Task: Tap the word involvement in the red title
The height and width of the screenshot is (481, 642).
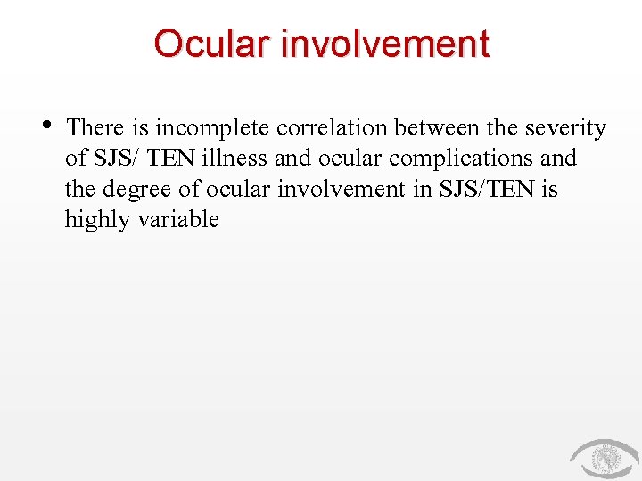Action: (384, 44)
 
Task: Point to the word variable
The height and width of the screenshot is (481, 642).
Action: (178, 219)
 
